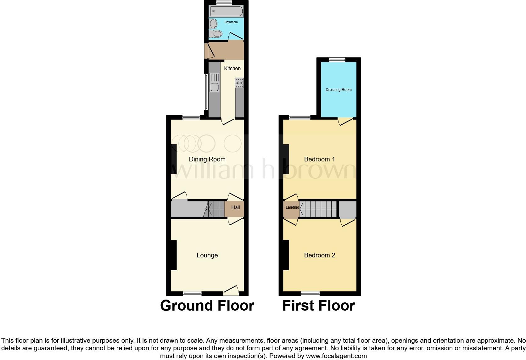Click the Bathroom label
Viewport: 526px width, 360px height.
point(231,22)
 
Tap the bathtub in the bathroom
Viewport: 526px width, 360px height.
point(227,11)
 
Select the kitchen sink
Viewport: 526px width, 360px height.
point(215,82)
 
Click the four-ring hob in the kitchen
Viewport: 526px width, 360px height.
point(239,83)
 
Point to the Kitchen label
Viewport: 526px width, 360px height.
point(232,68)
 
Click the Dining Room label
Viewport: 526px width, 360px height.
point(207,159)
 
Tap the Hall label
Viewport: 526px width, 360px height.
point(235,207)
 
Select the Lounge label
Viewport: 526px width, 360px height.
point(207,255)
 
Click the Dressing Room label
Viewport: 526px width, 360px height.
point(339,90)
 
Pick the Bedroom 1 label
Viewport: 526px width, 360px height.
point(319,159)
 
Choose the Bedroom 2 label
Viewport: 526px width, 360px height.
point(319,255)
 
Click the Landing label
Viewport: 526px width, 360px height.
point(292,207)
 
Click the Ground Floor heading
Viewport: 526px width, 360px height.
point(207,306)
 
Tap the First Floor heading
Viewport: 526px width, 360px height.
point(318,306)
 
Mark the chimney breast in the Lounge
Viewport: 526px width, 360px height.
point(173,255)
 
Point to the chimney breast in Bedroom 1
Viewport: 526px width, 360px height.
point(286,159)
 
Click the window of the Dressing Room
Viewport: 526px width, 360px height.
point(337,59)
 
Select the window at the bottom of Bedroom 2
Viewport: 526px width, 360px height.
point(310,294)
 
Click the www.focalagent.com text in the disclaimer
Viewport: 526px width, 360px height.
point(336,356)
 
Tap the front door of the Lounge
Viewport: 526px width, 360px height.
point(231,291)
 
